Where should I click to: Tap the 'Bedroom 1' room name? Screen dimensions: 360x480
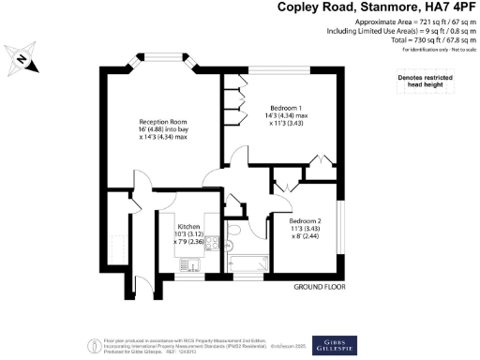(285, 106)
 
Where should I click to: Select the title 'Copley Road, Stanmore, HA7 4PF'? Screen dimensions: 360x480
(379, 8)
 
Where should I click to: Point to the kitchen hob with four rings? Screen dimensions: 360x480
(212, 244)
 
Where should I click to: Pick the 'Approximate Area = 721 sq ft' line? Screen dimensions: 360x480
(412, 22)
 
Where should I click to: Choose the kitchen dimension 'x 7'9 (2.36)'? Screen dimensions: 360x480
(189, 243)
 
